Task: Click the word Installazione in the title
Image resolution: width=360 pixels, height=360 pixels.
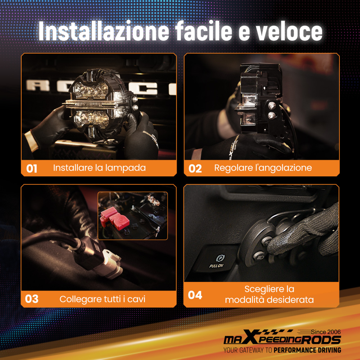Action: pyautogui.click(x=104, y=31)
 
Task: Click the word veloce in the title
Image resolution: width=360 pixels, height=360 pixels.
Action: pyautogui.click(x=289, y=31)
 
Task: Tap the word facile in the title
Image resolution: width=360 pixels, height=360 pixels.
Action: pyautogui.click(x=204, y=31)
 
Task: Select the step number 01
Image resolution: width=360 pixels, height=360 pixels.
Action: pyautogui.click(x=32, y=168)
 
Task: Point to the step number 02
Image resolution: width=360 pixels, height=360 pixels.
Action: pyautogui.click(x=195, y=168)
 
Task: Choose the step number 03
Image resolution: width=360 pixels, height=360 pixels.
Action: pyautogui.click(x=32, y=299)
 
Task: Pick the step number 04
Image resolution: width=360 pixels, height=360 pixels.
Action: pyautogui.click(x=195, y=295)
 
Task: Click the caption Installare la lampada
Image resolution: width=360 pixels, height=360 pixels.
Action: pyautogui.click(x=99, y=168)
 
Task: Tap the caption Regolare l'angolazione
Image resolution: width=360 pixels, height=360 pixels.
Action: pyautogui.click(x=263, y=168)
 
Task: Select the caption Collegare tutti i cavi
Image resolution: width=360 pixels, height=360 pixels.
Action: pyautogui.click(x=102, y=299)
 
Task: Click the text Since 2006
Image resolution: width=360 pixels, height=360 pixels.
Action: pyautogui.click(x=326, y=332)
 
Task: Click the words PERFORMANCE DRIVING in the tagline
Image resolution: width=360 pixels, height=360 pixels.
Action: pyautogui.click(x=307, y=350)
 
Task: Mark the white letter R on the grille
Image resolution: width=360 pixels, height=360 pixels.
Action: pyautogui.click(x=38, y=85)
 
